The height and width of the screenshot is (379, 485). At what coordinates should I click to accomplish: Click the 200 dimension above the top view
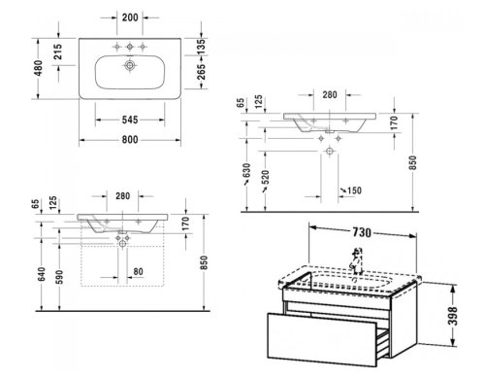coord(131,19)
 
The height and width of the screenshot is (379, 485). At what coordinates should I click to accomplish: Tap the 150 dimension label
coord(354,189)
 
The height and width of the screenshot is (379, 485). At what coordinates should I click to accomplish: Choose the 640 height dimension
coord(41,275)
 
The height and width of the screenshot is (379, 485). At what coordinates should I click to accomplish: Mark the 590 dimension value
coord(58,280)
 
